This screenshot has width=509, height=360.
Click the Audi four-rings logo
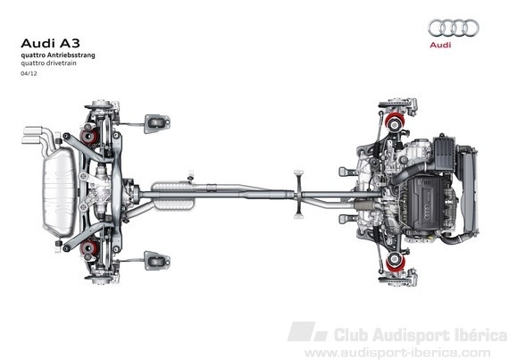pos(453,28)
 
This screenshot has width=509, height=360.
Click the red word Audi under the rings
pos(440,45)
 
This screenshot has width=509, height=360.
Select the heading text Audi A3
pos(50,44)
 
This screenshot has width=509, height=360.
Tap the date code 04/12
pos(29,73)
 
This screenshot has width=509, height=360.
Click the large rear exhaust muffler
pos(59,192)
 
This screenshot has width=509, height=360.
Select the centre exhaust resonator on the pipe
pos(173,196)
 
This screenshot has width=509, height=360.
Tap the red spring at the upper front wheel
pos(395,121)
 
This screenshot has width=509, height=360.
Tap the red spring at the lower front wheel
pos(396,262)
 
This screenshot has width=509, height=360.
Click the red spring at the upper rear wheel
pos(89,138)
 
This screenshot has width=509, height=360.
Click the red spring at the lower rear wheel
pos(89,248)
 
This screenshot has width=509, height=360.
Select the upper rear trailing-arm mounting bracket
pos(157,123)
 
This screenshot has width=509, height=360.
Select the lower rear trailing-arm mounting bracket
pos(157,260)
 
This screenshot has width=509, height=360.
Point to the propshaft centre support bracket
pos(298,194)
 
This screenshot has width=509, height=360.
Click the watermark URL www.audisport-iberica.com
pos(397,353)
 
